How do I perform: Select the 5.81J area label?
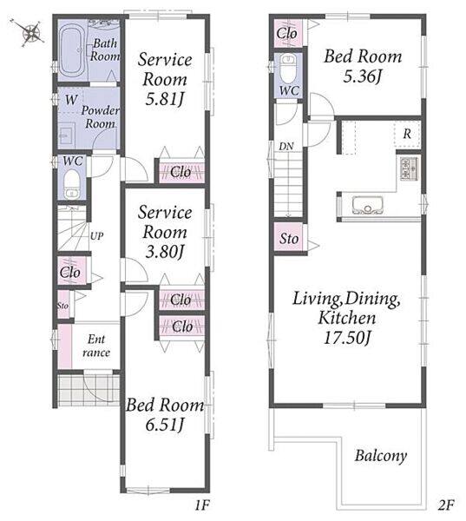(164, 99)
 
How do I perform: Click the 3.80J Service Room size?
(164, 252)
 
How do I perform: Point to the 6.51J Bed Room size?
(164, 425)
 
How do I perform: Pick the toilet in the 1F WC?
(71, 184)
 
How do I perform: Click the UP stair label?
(96, 236)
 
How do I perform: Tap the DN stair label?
(286, 146)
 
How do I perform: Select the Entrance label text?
(96, 346)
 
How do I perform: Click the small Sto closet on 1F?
(63, 305)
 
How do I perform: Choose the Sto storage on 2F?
(289, 238)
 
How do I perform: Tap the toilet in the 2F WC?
(287, 69)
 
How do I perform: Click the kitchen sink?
(367, 206)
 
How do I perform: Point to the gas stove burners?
(410, 168)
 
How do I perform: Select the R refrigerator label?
(407, 134)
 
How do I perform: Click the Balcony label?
(381, 456)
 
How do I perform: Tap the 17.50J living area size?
(347, 338)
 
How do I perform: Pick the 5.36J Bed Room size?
(363, 76)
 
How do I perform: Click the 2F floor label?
(445, 505)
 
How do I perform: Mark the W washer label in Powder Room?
(71, 99)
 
